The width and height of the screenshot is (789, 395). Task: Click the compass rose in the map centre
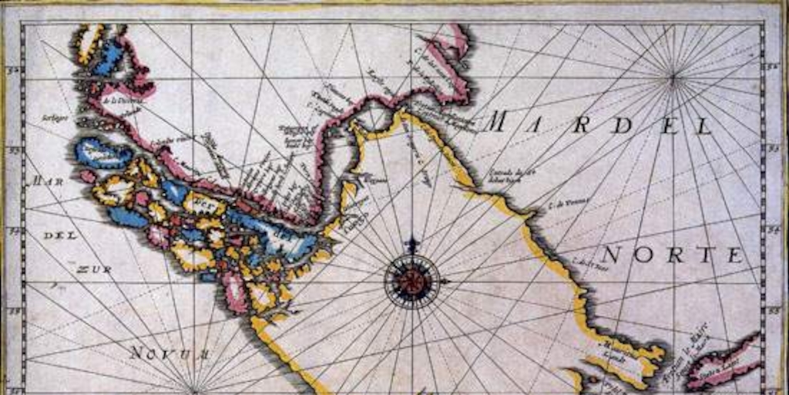(x=412, y=281)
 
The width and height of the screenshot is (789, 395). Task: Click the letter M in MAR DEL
(x=497, y=121)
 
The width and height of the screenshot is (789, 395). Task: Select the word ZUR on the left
(x=93, y=269)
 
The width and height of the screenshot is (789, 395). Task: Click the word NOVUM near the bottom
(x=170, y=353)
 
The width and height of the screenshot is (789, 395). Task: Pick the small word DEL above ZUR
(x=60, y=235)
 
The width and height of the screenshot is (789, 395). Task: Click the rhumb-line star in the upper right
(x=673, y=76)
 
